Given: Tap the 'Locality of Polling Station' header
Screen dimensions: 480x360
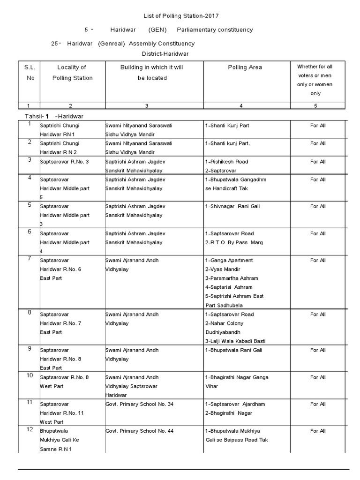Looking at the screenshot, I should (72, 73).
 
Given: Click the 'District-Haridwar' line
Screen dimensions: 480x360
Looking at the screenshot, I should (165, 53).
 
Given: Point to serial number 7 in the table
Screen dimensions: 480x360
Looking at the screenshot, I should (30, 258).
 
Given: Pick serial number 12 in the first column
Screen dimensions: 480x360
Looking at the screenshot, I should (30, 429).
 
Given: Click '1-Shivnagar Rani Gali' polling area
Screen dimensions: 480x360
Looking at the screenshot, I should (232, 206).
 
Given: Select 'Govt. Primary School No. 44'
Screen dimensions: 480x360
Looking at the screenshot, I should (139, 431).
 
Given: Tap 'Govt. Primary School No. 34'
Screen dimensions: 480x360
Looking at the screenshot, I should (139, 404).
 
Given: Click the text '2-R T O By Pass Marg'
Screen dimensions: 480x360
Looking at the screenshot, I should (234, 242).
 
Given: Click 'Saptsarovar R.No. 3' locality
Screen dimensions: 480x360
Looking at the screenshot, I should (64, 162).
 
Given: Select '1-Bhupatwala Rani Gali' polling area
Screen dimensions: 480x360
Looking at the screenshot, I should (233, 350).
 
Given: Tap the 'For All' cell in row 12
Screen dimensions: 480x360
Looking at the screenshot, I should (318, 431).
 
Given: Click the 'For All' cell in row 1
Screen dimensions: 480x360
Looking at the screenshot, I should (318, 126).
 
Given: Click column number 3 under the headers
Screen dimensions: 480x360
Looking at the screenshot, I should (147, 106).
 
